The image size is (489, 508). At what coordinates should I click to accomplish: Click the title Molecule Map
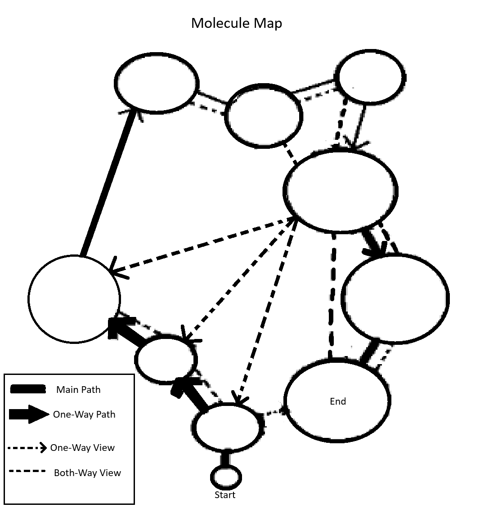point(237,23)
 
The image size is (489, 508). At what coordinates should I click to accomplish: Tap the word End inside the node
point(338,401)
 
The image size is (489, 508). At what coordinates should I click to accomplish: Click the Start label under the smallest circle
point(225,495)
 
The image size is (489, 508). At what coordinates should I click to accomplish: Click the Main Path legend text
point(78,390)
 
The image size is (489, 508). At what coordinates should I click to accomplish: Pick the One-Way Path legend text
point(84,414)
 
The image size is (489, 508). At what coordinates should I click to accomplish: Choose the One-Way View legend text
point(82,448)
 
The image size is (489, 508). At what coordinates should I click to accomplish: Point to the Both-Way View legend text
point(87,473)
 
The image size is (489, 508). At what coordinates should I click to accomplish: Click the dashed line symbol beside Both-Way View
point(27,472)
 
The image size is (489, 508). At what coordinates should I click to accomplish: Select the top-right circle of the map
point(370,78)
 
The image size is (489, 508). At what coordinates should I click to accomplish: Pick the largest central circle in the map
point(341,191)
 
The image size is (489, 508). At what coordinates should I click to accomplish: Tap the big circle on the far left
point(74,299)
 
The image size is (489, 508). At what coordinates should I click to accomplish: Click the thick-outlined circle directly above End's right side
point(395,297)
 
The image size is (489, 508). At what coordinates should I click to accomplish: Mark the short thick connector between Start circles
point(226,459)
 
